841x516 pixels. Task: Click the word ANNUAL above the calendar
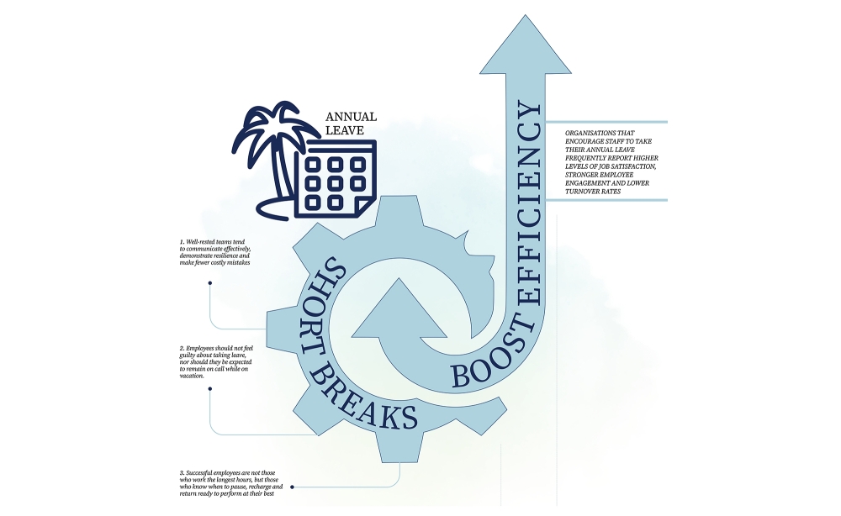tap(351, 117)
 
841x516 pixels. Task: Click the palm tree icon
tap(273, 155)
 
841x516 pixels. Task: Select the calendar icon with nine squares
tap(336, 180)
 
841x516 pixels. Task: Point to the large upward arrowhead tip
tap(525, 15)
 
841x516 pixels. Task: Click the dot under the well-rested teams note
tap(209, 283)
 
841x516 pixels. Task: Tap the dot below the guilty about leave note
tap(209, 389)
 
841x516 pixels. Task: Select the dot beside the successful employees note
tap(292, 487)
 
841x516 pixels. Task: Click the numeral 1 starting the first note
tap(182, 242)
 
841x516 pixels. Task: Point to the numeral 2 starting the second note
tap(182, 348)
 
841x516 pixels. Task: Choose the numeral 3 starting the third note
tap(182, 473)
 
